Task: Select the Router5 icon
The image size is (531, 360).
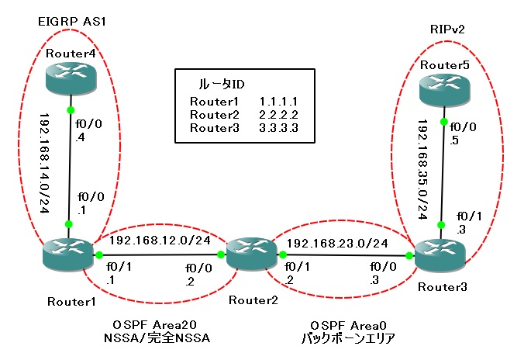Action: [x=443, y=92]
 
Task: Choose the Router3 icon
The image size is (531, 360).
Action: [x=440, y=255]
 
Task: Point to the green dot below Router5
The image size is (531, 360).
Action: [x=443, y=121]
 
